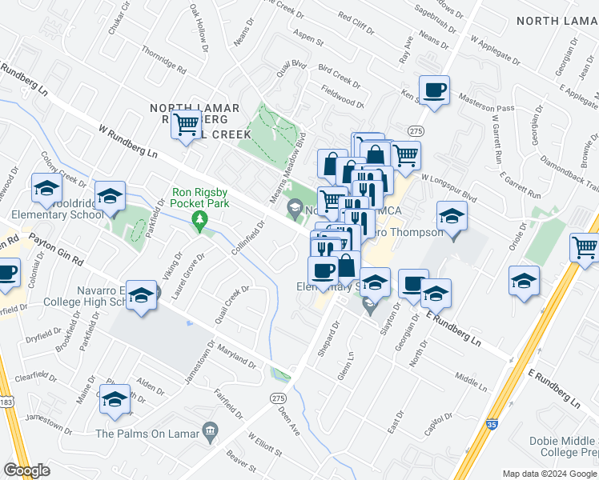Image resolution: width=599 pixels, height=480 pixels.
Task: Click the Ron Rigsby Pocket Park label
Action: click(x=200, y=198)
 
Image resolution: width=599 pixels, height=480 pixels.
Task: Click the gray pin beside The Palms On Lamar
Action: click(x=211, y=434)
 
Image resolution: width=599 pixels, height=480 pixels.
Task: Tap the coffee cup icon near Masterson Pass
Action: click(x=434, y=90)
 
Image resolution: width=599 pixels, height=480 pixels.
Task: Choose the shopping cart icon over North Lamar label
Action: click(x=187, y=124)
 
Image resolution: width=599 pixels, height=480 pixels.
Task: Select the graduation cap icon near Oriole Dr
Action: click(x=524, y=281)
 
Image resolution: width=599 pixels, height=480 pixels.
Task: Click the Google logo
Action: click(x=27, y=470)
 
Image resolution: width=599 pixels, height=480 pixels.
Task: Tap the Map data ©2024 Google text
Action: click(x=549, y=474)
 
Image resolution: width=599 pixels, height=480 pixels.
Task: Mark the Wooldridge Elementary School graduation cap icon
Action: click(x=110, y=194)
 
